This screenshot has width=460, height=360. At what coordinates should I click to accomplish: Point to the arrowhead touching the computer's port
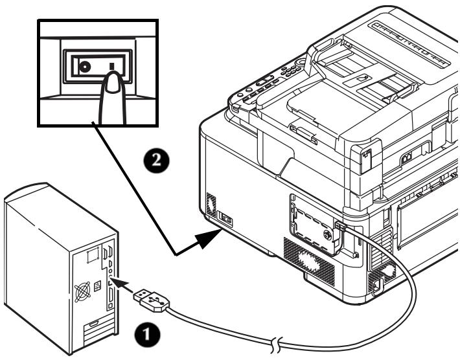click(x=118, y=283)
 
